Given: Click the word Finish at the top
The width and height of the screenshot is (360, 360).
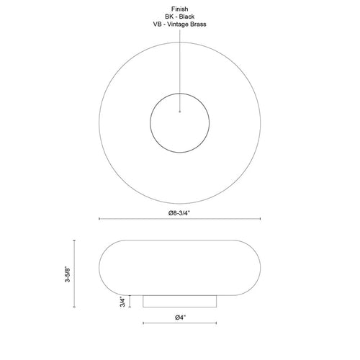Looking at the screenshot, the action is [179, 9].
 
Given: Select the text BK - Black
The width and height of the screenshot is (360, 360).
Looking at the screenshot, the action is [179, 17].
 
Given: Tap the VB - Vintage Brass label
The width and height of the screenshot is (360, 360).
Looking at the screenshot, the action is [179, 24].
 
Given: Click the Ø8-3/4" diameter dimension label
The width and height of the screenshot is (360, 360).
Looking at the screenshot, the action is [179, 213].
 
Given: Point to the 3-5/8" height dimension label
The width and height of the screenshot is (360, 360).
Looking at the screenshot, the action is [68, 274].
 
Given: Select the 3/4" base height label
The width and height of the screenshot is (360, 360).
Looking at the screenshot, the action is [122, 302].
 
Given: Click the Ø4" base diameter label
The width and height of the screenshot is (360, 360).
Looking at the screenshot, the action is [181, 318].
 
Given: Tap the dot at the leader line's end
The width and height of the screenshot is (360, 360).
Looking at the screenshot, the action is [180, 112].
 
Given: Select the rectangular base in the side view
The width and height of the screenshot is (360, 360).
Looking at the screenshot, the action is [180, 301].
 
